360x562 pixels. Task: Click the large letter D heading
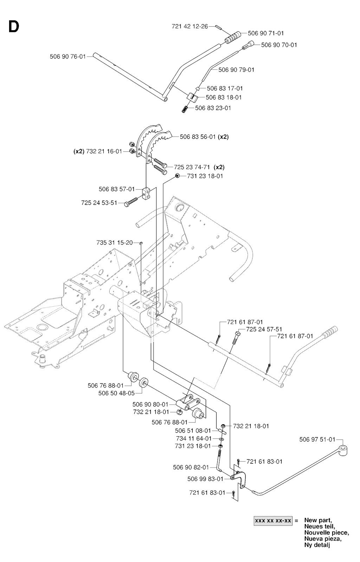pos(13,27)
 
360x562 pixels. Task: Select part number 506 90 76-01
pos(67,56)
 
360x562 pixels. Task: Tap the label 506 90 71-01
pos(266,33)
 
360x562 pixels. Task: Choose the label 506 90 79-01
pos(236,70)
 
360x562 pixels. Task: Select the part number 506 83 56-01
pos(198,137)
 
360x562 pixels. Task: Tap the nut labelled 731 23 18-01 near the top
pos(178,176)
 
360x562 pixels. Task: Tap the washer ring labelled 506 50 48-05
pos(144,383)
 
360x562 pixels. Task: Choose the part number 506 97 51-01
pos(317,439)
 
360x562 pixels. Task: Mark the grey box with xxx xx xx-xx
pos(273,521)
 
